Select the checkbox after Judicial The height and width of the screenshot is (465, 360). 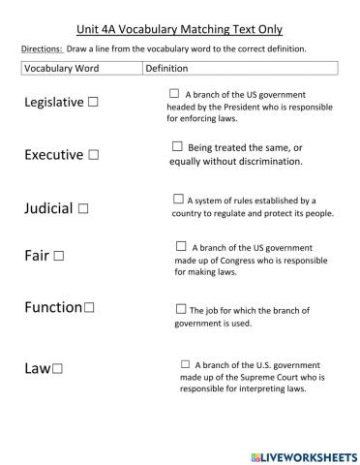(x=83, y=207)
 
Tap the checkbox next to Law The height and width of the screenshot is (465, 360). (x=58, y=368)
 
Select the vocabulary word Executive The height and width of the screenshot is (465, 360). (x=54, y=154)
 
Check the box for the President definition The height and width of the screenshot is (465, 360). (x=174, y=93)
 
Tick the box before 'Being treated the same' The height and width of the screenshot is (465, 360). (x=177, y=146)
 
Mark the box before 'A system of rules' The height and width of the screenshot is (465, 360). (x=178, y=199)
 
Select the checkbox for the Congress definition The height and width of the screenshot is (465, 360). (x=181, y=246)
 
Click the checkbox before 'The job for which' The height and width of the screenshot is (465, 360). (x=181, y=309)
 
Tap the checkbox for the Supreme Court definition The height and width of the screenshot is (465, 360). (x=185, y=364)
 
